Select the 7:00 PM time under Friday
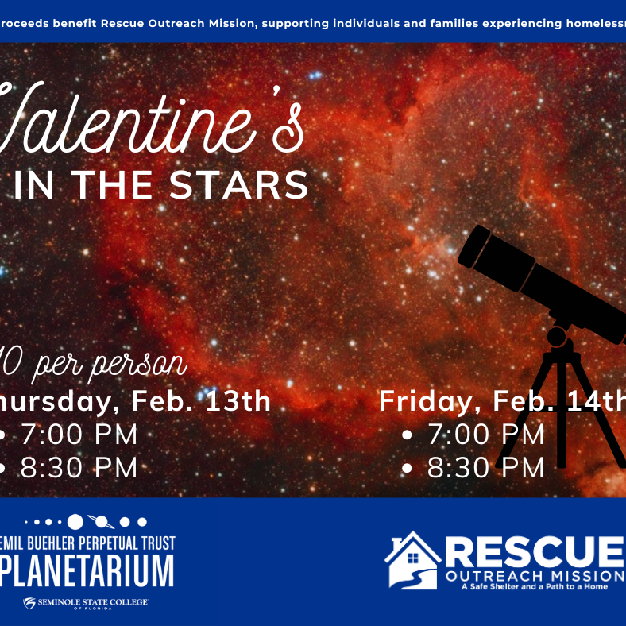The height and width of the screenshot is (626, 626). click(x=486, y=435)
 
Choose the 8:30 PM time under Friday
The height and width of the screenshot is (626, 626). click(x=486, y=467)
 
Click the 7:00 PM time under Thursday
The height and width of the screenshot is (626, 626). click(x=79, y=435)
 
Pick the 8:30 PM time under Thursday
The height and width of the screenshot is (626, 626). click(x=79, y=467)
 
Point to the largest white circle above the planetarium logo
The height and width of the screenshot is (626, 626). click(x=75, y=522)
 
